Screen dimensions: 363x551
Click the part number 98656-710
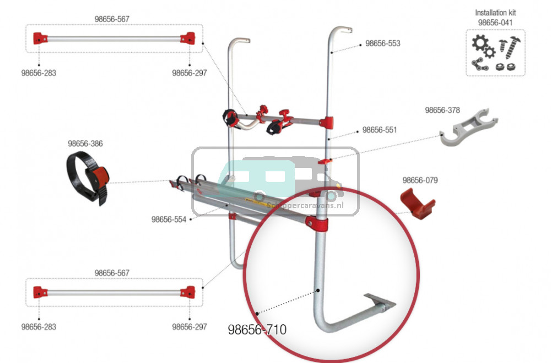(257, 330)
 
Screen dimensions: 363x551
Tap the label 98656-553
(382, 44)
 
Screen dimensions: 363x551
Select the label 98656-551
(379, 131)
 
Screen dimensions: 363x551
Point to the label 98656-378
(442, 110)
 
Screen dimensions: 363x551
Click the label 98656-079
(420, 180)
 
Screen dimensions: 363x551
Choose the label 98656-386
(85, 144)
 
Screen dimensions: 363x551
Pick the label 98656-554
(169, 219)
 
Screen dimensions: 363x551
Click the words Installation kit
(495, 12)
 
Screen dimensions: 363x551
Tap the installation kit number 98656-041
(495, 22)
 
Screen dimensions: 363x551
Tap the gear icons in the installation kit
(483, 47)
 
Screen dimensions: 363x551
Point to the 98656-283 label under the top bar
(39, 73)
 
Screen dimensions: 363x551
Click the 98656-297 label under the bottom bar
(190, 327)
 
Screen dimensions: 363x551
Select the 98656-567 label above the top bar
(112, 19)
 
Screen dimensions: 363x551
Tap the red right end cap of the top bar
(188, 39)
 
